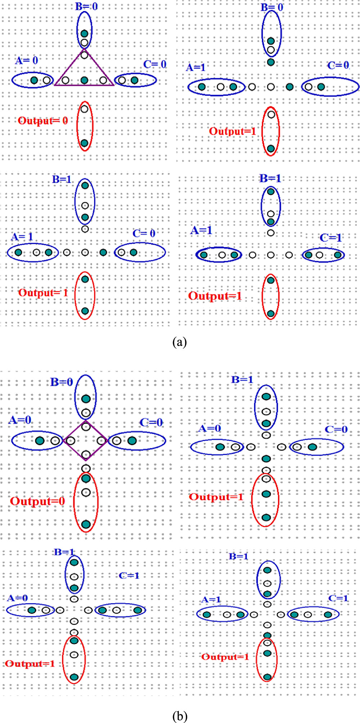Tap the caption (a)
[180, 341]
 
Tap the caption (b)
[180, 715]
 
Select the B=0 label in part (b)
[62, 382]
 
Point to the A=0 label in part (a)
[26, 60]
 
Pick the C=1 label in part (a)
[330, 238]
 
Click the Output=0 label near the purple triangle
[43, 121]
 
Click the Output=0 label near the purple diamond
[37, 501]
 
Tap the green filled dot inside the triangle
[84, 80]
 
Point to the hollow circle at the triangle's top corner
[84, 55]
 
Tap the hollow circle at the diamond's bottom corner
[86, 454]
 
